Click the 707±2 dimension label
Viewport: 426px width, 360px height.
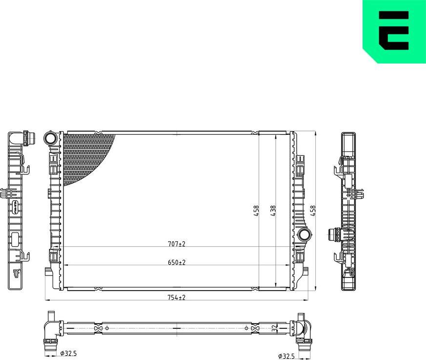click(177, 243)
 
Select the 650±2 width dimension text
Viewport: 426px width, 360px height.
click(177, 262)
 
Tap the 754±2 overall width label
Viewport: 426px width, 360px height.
click(177, 297)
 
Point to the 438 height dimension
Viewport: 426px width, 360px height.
click(273, 211)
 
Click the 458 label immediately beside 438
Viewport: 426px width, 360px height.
click(256, 211)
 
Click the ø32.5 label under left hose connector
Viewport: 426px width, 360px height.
click(70, 353)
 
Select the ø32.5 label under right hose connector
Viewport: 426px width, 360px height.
click(286, 356)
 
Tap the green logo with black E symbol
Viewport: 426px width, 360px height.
click(394, 31)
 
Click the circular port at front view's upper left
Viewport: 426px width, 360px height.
click(50, 138)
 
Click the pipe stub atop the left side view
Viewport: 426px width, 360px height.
click(30, 139)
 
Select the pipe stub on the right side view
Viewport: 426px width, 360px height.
click(334, 234)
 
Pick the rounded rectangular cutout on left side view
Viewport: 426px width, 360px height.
click(15, 240)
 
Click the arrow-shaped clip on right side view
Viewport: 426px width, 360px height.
click(361, 195)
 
